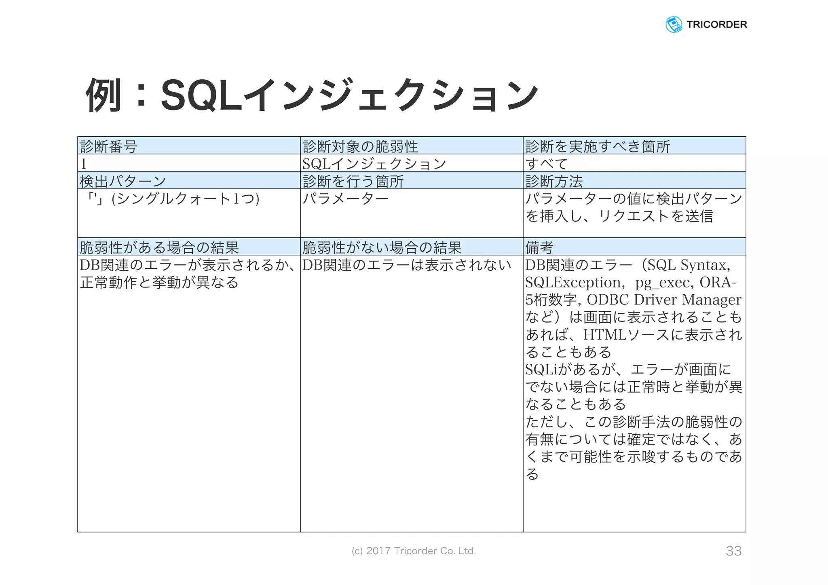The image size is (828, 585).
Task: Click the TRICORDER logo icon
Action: [x=674, y=25]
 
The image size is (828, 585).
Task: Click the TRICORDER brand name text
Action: [x=716, y=25]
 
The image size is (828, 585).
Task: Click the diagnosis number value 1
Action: [x=84, y=164]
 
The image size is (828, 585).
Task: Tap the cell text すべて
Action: [x=547, y=164]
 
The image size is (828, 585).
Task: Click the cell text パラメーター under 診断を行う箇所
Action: [x=346, y=199]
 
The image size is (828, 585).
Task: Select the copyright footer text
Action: [x=414, y=551]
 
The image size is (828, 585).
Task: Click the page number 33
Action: [x=733, y=551]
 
